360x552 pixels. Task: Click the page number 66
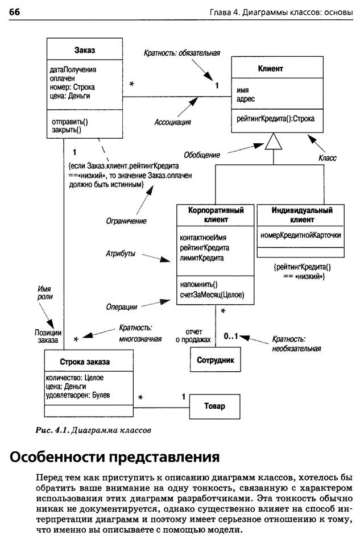click(14, 12)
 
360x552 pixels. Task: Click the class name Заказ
click(85, 50)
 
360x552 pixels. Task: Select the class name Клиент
click(270, 68)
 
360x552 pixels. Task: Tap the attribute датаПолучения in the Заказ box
click(73, 70)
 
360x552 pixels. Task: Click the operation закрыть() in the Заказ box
click(67, 130)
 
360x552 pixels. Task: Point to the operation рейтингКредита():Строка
click(275, 119)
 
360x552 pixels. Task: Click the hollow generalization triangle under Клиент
click(274, 142)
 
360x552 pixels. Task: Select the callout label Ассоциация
click(172, 122)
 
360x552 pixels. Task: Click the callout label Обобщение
click(202, 155)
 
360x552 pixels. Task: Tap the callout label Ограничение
click(126, 221)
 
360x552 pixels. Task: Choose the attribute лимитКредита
click(202, 258)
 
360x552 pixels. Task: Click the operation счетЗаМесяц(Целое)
click(212, 294)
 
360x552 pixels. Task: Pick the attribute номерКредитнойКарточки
click(301, 235)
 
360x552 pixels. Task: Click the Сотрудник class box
click(216, 360)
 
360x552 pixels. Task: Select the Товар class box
click(215, 406)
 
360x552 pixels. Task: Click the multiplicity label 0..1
click(231, 336)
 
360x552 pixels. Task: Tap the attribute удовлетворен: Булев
click(78, 395)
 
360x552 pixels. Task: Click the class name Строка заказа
click(85, 362)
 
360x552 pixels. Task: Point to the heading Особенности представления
click(115, 457)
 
